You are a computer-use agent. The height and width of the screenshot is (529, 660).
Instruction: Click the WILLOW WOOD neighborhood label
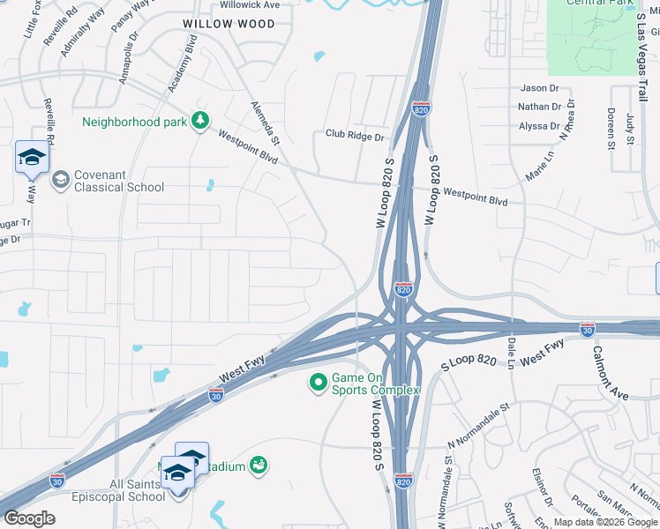pyautogui.click(x=229, y=24)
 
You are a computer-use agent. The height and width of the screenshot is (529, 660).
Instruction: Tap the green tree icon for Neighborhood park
pyautogui.click(x=200, y=121)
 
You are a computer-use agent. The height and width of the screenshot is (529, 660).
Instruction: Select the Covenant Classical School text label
pyautogui.click(x=118, y=181)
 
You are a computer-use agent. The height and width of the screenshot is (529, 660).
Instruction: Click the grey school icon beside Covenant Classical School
pyautogui.click(x=60, y=181)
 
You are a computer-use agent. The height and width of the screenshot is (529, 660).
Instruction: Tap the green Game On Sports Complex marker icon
pyautogui.click(x=318, y=384)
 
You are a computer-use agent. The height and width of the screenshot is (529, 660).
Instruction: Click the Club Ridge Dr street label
pyautogui.click(x=355, y=137)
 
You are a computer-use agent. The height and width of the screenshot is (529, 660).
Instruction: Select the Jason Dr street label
pyautogui.click(x=540, y=88)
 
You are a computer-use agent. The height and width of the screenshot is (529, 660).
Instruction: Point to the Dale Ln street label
pyautogui.click(x=511, y=354)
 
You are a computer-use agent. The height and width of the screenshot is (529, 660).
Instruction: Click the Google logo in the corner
pyautogui.click(x=29, y=518)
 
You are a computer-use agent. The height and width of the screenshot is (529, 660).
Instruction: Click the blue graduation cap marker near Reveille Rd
pyautogui.click(x=32, y=159)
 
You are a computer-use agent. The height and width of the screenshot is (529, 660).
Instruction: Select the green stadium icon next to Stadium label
pyautogui.click(x=259, y=464)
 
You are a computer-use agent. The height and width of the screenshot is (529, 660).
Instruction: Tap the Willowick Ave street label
pyautogui.click(x=249, y=4)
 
